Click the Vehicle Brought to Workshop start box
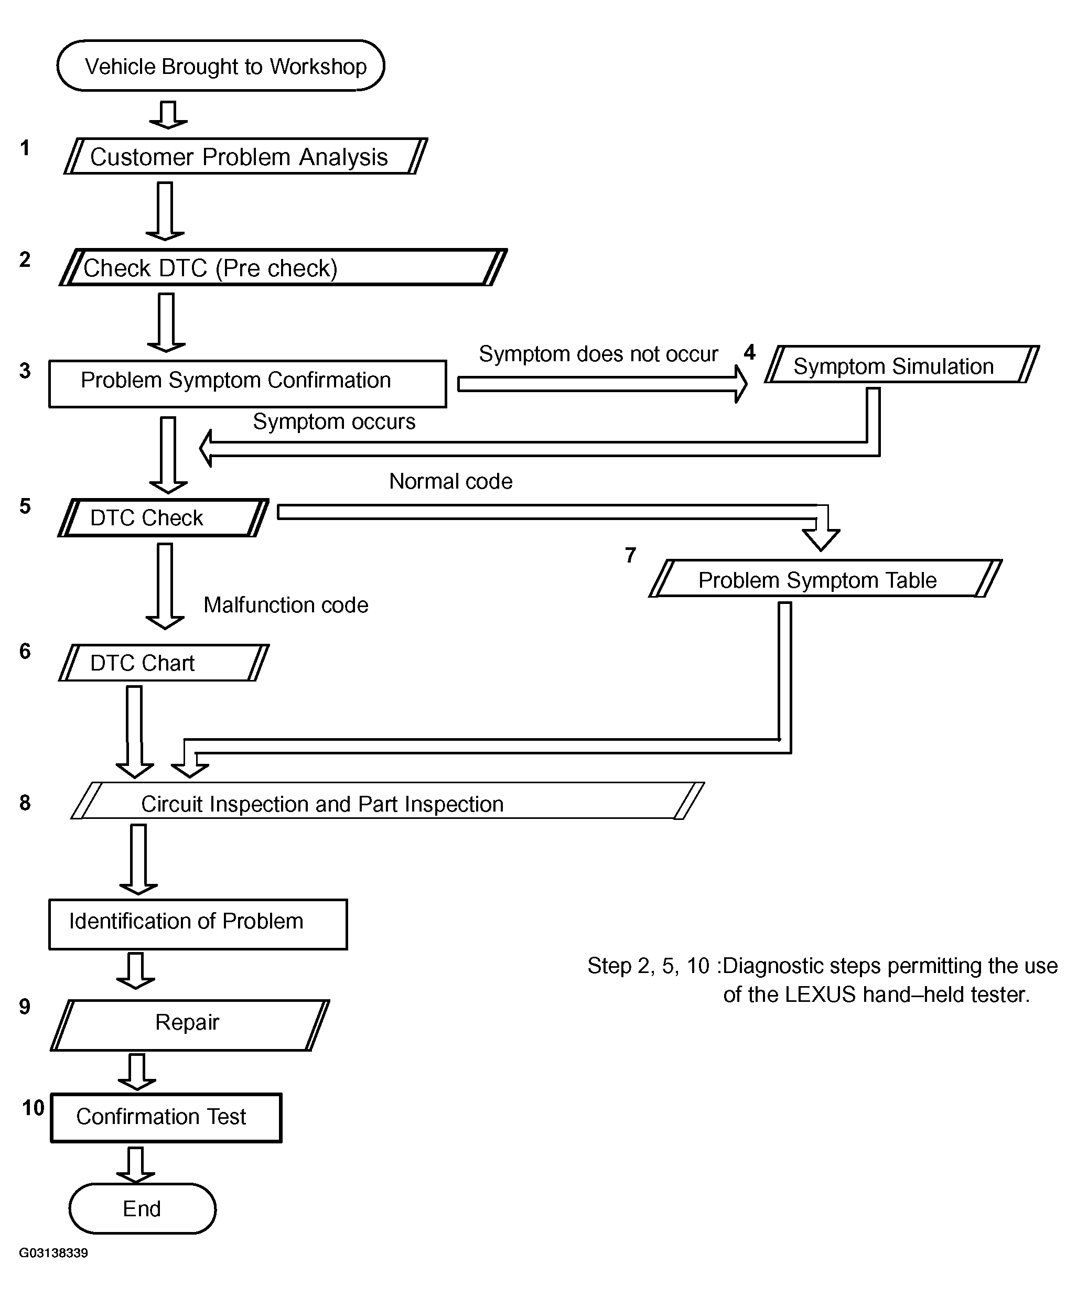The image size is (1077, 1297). pos(221,66)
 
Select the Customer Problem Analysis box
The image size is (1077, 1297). pos(245,156)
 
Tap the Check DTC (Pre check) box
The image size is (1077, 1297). pos(283,267)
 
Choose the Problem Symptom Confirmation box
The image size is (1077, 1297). pos(248,384)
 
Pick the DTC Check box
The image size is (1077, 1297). pos(163,517)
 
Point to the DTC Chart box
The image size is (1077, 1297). pos(164,663)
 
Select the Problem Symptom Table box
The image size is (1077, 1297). pos(825,579)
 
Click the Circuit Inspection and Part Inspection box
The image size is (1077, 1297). pos(387,801)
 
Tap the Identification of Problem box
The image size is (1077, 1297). pos(198,924)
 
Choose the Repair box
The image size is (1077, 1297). pos(190,1025)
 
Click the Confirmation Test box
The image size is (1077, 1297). pos(166,1118)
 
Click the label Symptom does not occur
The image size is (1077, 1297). pos(598,354)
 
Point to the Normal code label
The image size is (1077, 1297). pos(450,481)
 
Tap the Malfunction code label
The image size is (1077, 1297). pos(285,604)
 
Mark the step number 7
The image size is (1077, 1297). pos(630,555)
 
